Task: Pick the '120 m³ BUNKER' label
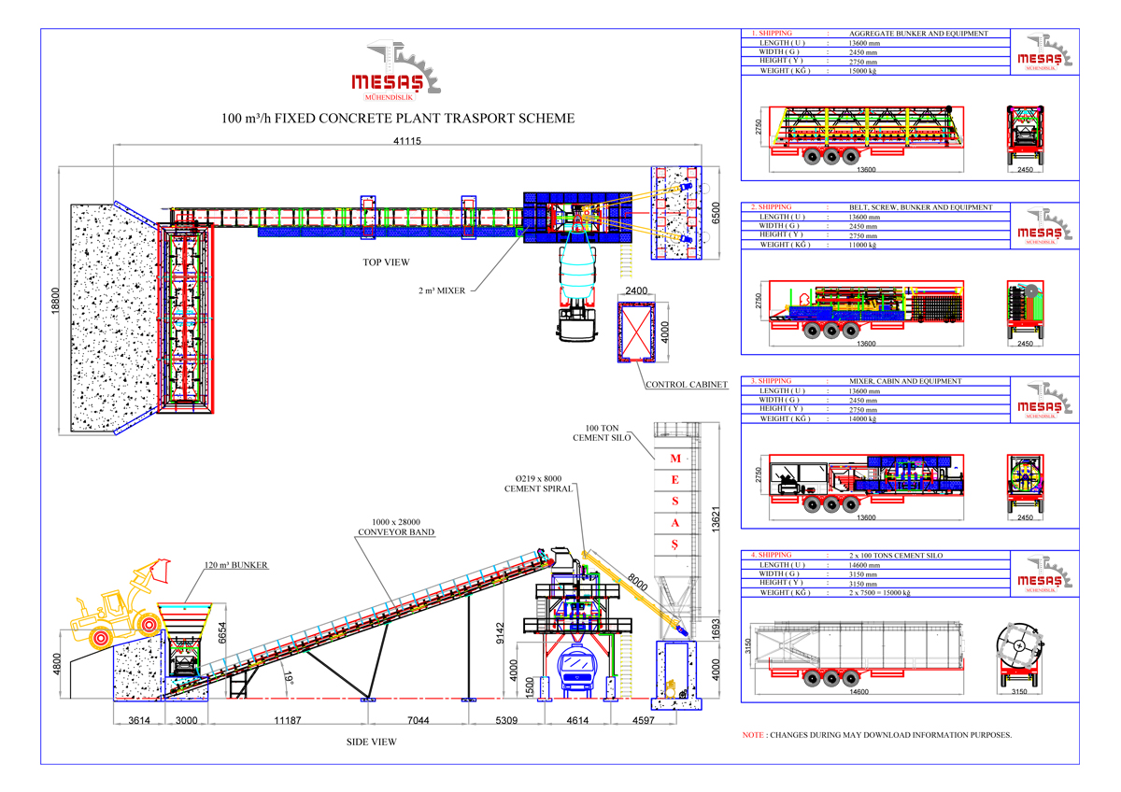click(236, 565)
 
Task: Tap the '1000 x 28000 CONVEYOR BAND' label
click(396, 528)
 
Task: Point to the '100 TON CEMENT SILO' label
click(609, 431)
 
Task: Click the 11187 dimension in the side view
click(287, 720)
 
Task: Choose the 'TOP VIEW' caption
click(386, 262)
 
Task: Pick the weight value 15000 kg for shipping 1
click(862, 70)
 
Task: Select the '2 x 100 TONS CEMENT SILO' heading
click(896, 555)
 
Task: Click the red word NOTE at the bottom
click(753, 735)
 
